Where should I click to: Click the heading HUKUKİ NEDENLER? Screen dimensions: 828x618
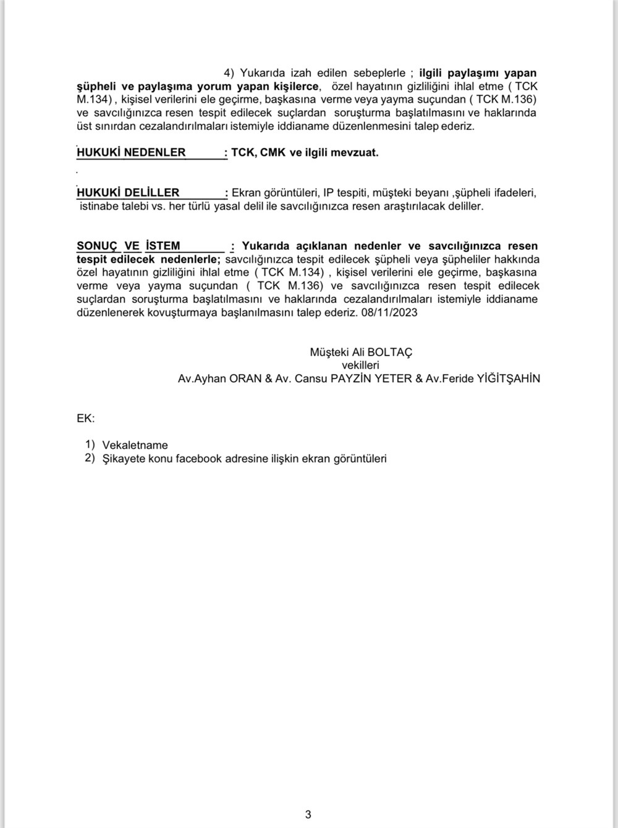[131, 152]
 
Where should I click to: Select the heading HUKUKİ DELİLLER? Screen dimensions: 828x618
[128, 192]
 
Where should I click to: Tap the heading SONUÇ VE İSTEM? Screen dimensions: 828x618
[128, 245]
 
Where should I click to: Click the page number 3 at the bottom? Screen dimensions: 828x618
[308, 814]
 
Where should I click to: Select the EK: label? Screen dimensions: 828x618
[86, 418]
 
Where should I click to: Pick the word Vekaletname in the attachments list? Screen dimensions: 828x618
[135, 445]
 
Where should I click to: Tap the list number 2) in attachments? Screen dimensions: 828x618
[90, 458]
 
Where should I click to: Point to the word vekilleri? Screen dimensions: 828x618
[360, 365]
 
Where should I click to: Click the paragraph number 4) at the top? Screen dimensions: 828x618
[230, 73]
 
